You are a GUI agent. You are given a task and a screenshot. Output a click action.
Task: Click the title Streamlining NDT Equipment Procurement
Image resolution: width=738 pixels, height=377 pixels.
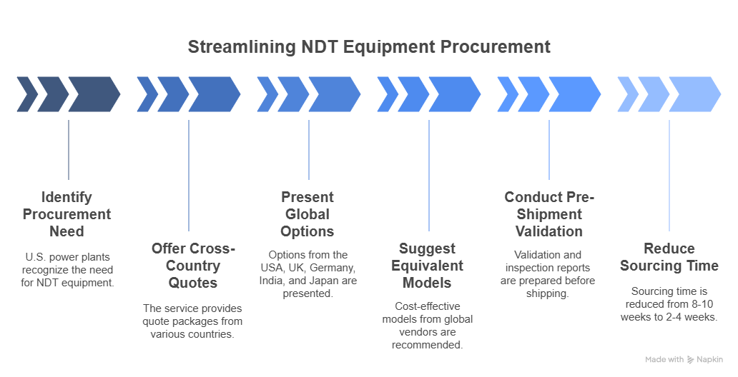click(369, 47)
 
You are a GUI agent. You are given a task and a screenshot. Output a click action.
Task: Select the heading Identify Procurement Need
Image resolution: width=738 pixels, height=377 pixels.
click(67, 214)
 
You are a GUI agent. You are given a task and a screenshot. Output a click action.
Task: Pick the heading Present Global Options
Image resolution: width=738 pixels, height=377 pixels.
click(307, 214)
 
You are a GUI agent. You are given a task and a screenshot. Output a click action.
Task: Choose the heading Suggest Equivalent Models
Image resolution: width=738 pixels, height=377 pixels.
click(428, 266)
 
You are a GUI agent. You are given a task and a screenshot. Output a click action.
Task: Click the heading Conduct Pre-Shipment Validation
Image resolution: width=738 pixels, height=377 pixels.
click(548, 214)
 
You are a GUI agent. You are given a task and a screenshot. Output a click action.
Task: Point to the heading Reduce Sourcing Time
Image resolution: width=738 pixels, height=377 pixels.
click(669, 257)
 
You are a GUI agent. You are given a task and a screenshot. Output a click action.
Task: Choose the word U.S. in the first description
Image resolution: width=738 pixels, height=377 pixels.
click(35, 255)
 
